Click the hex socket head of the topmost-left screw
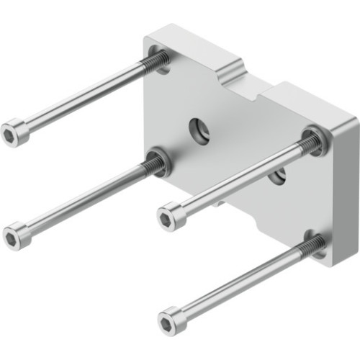point(14,133)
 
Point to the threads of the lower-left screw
point(152,167)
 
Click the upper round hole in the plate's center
point(199,131)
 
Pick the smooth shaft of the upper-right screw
point(238,180)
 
